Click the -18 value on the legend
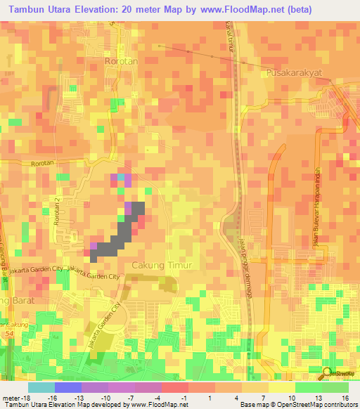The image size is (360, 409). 13,398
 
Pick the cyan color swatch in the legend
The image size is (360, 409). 41,387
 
